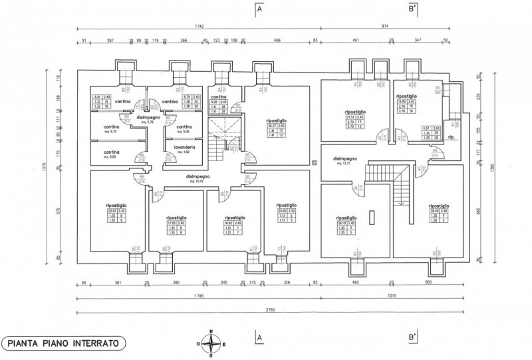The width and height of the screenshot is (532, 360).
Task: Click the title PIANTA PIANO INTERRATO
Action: [x=64, y=343]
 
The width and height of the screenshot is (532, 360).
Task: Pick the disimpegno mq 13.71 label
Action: [x=346, y=160]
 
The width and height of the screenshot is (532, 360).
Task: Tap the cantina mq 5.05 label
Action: [x=184, y=128]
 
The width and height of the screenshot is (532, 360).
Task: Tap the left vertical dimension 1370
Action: [x=45, y=170]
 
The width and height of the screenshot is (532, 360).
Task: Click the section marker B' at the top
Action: [x=413, y=10]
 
